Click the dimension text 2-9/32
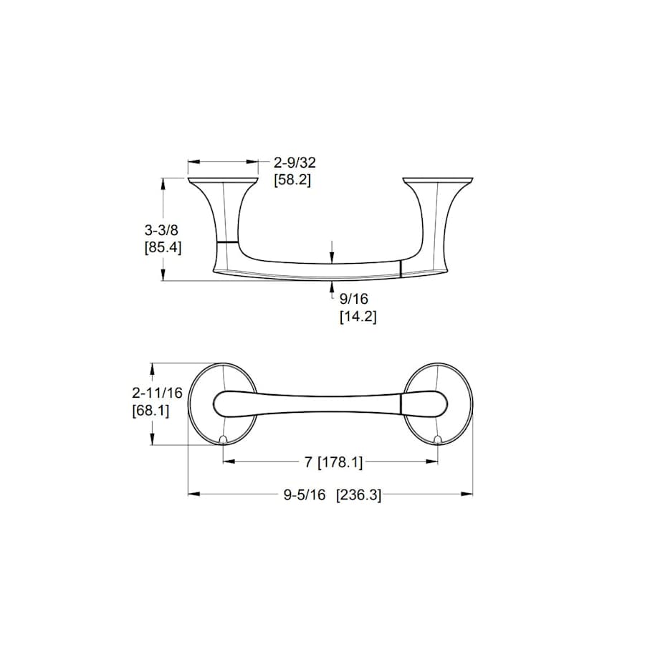click(x=295, y=163)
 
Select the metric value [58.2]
click(x=292, y=180)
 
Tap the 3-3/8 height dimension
click(x=161, y=230)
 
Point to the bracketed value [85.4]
click(x=163, y=248)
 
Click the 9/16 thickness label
click(x=354, y=299)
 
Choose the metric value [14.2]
click(x=358, y=317)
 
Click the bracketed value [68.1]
click(x=150, y=411)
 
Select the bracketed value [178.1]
click(x=340, y=462)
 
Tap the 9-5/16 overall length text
click(x=305, y=494)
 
